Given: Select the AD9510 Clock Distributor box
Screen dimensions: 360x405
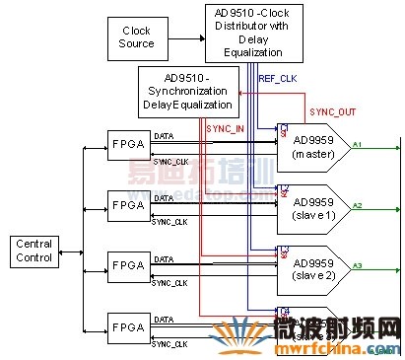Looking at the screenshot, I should point(253,32).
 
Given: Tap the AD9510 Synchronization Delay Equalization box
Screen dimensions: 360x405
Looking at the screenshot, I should point(186,90).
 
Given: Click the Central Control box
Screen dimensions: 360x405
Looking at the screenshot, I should point(34,251).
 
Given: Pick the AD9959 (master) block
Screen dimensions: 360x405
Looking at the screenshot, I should point(312,146).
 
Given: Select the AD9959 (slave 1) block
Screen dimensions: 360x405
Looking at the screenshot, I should point(312,206).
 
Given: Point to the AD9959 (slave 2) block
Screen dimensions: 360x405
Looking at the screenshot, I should point(312,266).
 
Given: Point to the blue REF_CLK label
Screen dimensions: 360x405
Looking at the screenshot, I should point(274,77).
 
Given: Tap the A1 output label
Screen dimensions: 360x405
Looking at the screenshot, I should point(358,144).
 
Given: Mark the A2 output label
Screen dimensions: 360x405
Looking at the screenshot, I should point(358,204).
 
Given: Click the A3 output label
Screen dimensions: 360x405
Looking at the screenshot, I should point(358,264).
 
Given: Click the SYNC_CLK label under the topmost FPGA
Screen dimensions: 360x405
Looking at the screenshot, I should point(169,161).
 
